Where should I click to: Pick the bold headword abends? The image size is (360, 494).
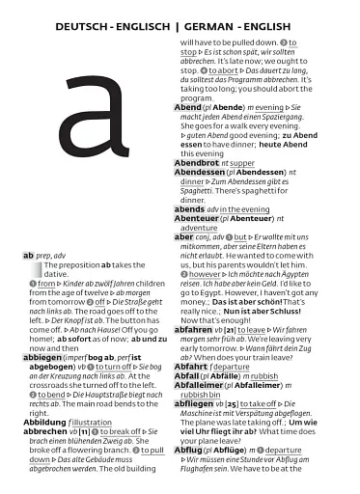(189, 208)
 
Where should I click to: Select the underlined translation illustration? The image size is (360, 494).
(108, 421)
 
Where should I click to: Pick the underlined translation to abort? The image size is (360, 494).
(223, 69)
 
